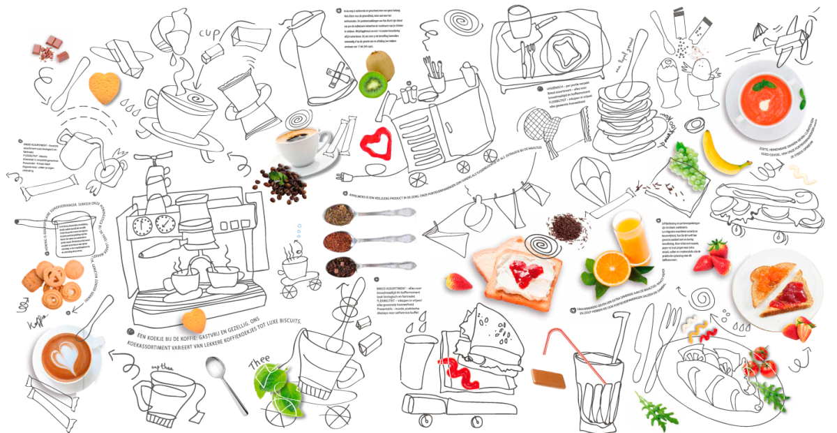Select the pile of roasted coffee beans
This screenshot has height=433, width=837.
coord(280,184)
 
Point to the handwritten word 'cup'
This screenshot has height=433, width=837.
coord(211,33)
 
